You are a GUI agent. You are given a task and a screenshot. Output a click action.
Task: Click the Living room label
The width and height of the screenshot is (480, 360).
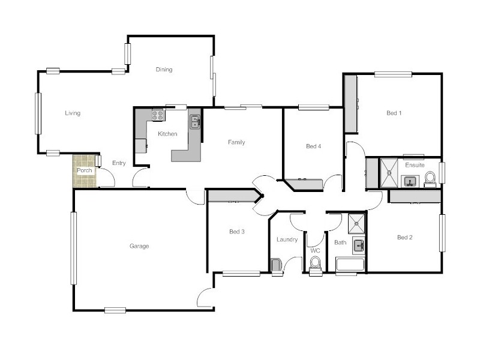point(73,113)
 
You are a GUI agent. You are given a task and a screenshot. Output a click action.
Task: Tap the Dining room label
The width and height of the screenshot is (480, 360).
point(164,70)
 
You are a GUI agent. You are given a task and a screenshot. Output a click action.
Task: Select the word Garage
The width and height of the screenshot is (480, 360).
point(139,246)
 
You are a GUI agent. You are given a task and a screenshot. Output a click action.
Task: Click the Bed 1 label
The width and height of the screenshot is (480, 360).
point(394,113)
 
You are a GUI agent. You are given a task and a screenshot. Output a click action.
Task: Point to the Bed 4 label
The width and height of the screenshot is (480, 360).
point(313,146)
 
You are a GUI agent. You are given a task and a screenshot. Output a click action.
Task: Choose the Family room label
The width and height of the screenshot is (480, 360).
point(236,142)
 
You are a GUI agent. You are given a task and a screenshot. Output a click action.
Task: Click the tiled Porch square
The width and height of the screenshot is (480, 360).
point(85,171)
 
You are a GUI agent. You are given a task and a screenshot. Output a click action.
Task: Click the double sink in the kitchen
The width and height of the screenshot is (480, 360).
point(195,122)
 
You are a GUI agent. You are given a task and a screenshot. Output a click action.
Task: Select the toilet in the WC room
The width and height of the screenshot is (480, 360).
point(315,263)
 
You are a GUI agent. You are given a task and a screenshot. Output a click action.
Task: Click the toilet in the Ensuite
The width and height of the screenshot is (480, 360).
point(430,179)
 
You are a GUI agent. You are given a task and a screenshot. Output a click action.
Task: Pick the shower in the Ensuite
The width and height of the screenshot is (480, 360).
point(389,172)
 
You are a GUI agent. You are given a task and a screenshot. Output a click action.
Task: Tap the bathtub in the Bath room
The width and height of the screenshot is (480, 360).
point(350,265)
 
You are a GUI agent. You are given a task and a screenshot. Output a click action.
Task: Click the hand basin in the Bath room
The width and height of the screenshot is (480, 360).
point(358,245)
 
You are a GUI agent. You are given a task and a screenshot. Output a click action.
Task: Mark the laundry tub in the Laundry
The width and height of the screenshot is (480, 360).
point(276,265)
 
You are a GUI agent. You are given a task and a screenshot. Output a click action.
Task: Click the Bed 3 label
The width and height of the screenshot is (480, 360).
point(236,232)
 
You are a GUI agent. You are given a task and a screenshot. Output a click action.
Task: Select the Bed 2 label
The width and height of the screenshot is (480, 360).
point(405,237)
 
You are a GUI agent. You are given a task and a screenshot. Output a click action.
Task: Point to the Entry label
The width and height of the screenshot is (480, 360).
point(119,163)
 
